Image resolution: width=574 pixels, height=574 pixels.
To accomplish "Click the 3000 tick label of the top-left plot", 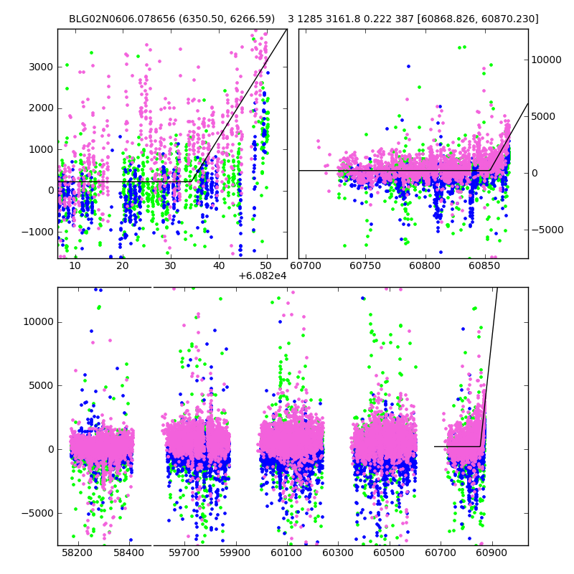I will (41, 67).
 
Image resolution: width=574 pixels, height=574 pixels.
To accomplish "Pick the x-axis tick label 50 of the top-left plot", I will (267, 265).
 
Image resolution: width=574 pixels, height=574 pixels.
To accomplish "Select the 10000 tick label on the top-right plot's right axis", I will (547, 60).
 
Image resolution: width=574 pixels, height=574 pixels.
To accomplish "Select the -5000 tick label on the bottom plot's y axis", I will (36, 513).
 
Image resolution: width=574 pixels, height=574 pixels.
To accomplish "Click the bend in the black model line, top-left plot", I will (192, 182).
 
